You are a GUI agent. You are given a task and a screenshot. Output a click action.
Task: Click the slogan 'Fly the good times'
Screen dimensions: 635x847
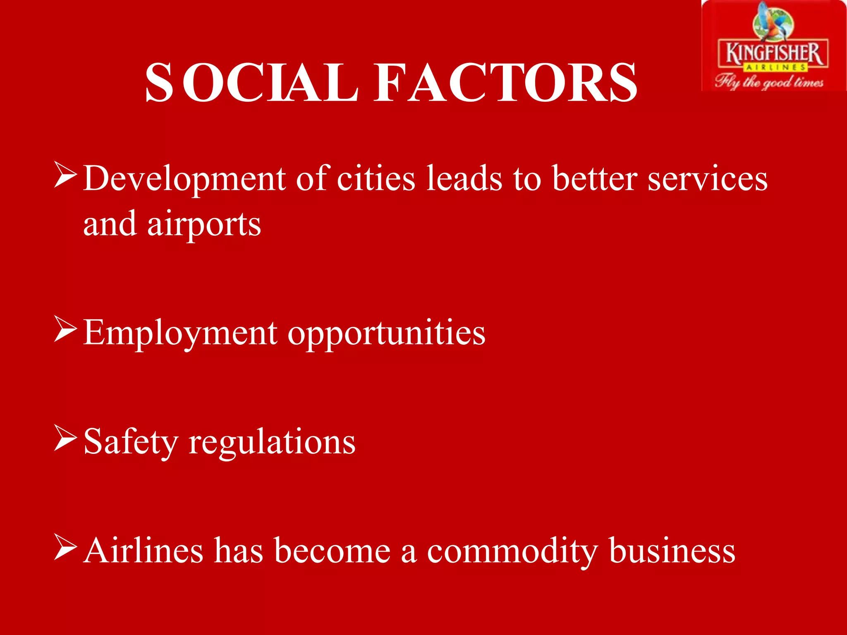pyautogui.click(x=769, y=81)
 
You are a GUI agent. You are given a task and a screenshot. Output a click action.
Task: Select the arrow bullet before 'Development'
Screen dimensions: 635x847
pyautogui.click(x=65, y=176)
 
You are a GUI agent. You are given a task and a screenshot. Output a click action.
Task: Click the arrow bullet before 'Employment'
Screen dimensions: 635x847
pyautogui.click(x=65, y=330)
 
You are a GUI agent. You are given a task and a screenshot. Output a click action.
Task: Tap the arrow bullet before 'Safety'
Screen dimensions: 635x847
pyautogui.click(x=65, y=439)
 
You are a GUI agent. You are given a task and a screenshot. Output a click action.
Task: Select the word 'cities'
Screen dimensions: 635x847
pyautogui.click(x=376, y=179)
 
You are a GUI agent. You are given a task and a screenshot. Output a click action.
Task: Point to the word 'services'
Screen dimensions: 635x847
pyautogui.click(x=707, y=179)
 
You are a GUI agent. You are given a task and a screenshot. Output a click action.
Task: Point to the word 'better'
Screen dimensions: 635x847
pyautogui.click(x=594, y=179)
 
